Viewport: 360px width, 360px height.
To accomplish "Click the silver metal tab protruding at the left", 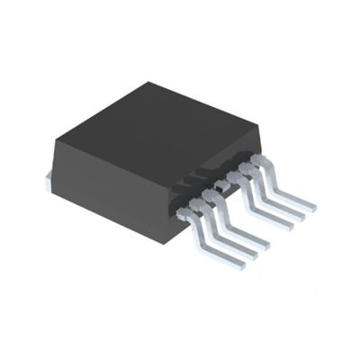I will [46, 180].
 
